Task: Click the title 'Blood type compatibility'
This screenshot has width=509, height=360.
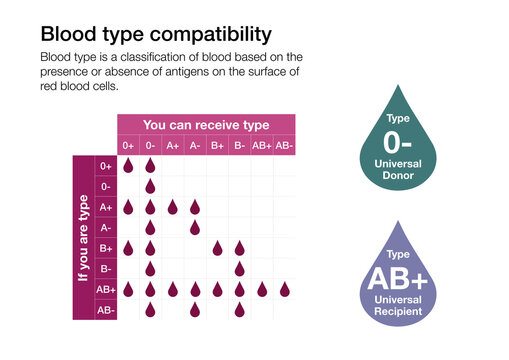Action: [154, 35]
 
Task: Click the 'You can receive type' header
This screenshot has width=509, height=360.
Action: [206, 124]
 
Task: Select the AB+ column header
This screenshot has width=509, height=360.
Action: [262, 145]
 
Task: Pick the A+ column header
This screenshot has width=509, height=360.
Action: [172, 145]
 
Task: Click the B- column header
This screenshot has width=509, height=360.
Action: [239, 145]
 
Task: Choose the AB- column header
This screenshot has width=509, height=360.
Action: [284, 145]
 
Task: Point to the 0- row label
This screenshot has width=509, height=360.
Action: [106, 186]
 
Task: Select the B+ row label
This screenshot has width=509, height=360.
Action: [106, 248]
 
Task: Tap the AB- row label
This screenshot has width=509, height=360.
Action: [106, 310]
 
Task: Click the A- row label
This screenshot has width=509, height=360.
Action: [106, 228]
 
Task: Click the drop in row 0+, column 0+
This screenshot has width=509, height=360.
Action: [128, 165]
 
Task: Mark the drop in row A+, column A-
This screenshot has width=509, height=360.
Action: [194, 207]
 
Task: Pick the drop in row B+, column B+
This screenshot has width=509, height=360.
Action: [217, 248]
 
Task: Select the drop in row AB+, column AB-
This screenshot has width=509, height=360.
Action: [284, 290]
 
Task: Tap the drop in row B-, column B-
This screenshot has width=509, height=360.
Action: [239, 269]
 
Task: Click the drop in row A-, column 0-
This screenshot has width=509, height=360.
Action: [150, 228]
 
